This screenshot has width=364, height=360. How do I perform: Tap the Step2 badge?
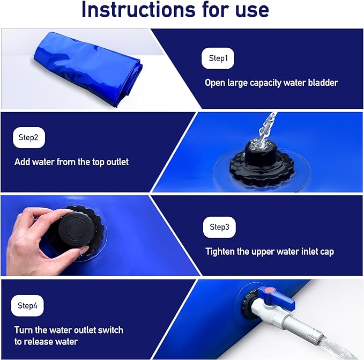pos(28,137)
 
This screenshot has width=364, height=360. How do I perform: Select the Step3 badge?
pos(219,227)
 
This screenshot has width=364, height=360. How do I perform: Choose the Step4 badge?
pos(27,306)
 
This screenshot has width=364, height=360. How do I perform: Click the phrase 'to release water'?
pos(46,342)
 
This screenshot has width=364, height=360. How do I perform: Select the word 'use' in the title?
pos(249,11)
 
